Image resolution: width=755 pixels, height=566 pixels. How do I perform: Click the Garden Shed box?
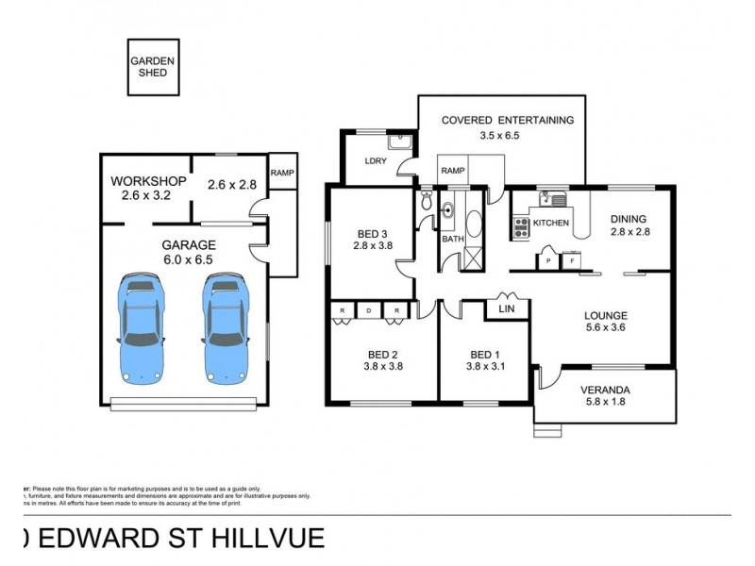coord(153,66)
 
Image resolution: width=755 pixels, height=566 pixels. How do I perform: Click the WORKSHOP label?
coord(148,182)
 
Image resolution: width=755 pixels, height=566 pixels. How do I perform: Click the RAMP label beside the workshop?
coord(281,173)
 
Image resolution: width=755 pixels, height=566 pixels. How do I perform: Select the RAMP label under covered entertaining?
coord(452,171)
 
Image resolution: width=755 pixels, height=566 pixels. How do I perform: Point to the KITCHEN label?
coord(552,224)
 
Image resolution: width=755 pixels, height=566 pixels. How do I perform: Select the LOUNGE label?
coord(606,315)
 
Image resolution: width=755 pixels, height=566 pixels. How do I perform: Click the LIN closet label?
coord(506,308)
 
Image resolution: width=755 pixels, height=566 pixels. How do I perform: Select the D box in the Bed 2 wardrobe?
coord(370,309)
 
